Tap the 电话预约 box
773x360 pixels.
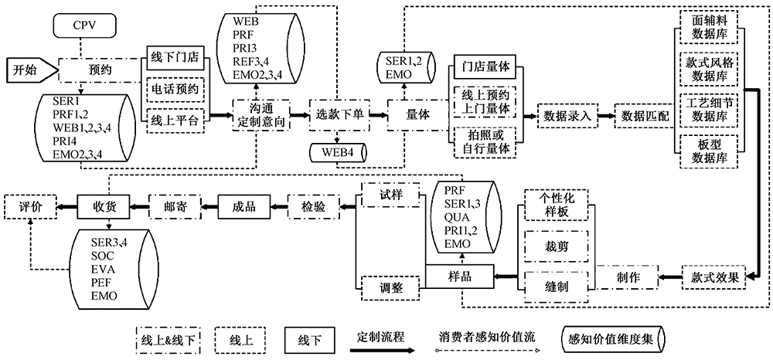(x=175, y=89)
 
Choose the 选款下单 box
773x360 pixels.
(x=338, y=114)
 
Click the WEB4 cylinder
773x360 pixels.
(x=338, y=152)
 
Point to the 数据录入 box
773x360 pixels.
(x=567, y=115)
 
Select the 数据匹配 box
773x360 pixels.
(x=642, y=115)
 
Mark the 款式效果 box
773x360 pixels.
(x=711, y=277)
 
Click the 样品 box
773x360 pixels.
(x=459, y=276)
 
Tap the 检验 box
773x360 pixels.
(x=313, y=205)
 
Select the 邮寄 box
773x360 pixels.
(x=175, y=205)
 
